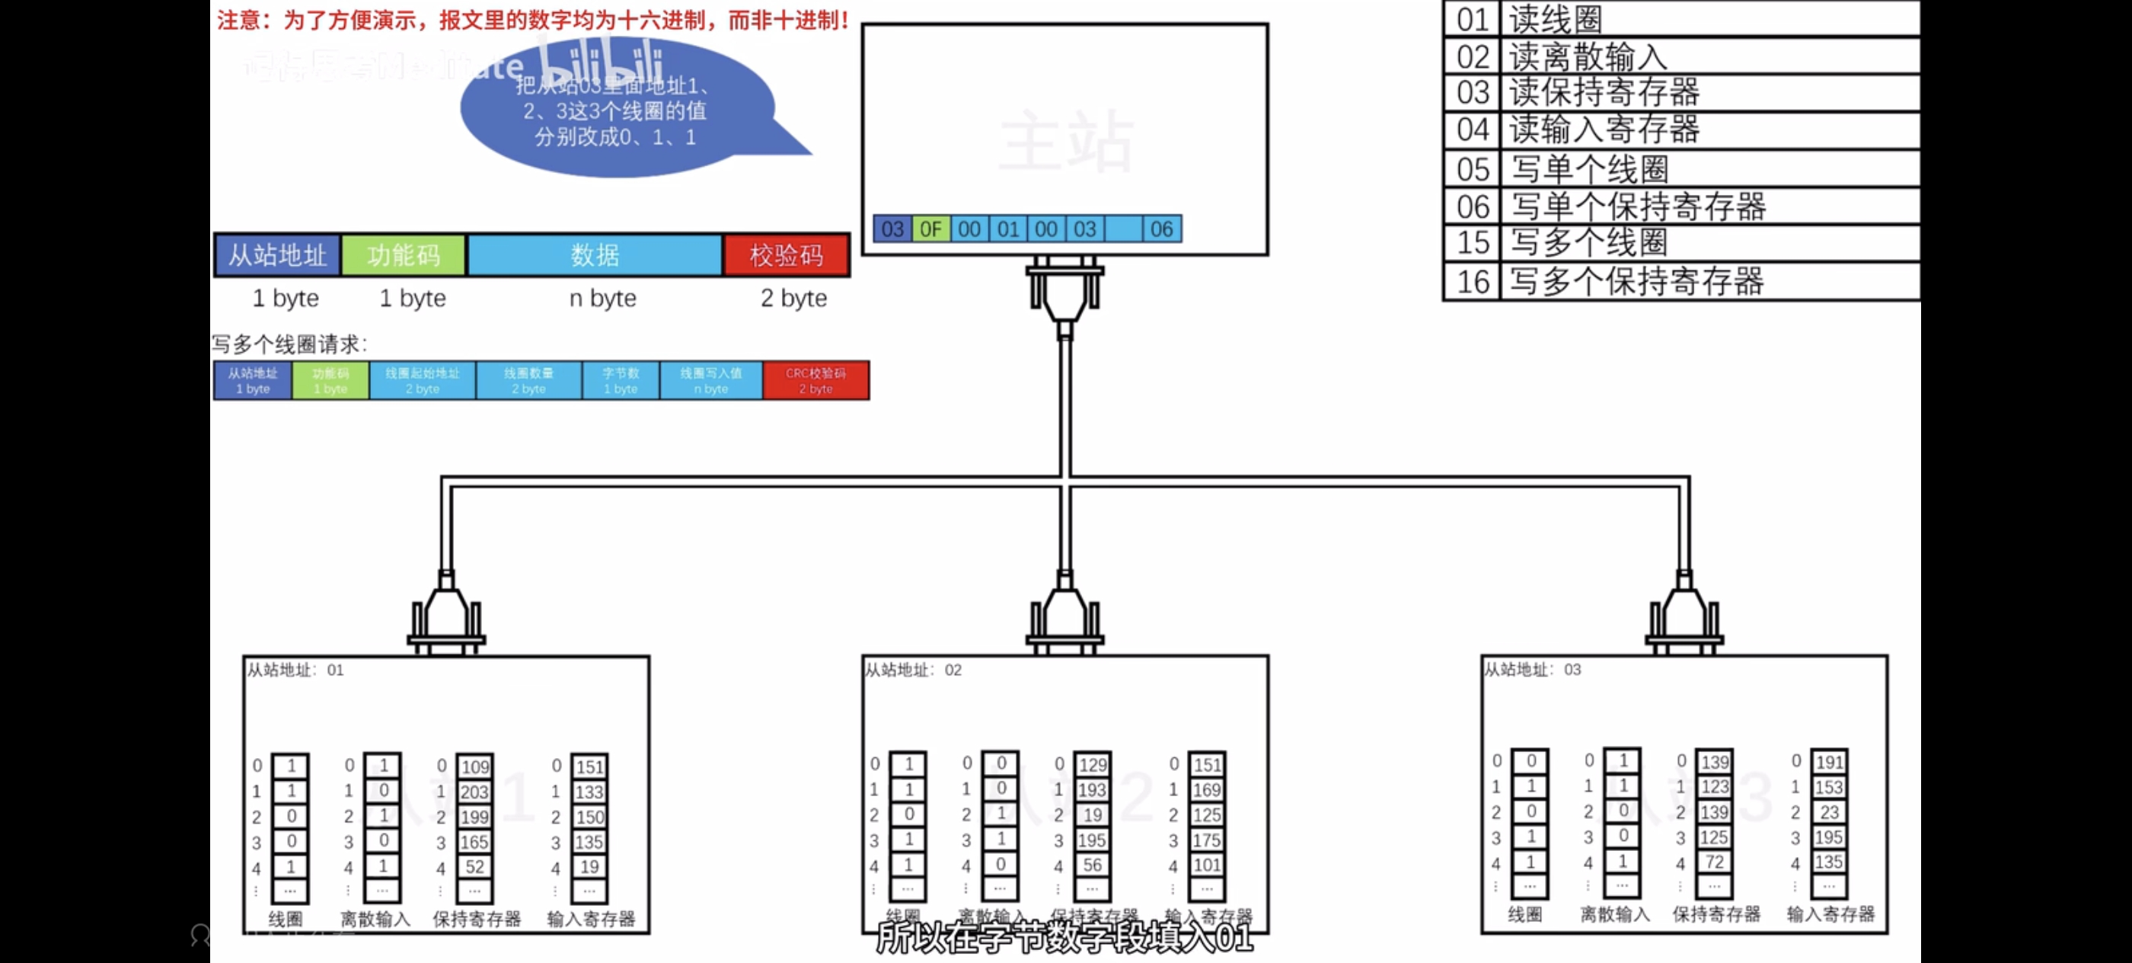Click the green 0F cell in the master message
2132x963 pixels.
click(x=930, y=229)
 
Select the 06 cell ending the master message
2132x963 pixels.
click(x=1161, y=229)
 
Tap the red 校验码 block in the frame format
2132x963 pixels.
click(x=786, y=255)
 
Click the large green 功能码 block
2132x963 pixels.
click(x=403, y=255)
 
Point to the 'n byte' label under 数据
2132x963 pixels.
click(x=602, y=298)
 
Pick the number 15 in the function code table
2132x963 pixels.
click(x=1473, y=242)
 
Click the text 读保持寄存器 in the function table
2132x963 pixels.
click(x=1604, y=93)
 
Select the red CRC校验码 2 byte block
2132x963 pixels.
click(x=815, y=381)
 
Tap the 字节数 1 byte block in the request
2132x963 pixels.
click(x=621, y=381)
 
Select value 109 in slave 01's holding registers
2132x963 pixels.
click(x=475, y=766)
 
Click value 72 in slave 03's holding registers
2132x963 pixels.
click(x=1714, y=862)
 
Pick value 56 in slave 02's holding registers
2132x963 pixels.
click(x=1093, y=865)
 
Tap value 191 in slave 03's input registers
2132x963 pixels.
click(x=1828, y=762)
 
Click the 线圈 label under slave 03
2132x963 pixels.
click(x=1524, y=914)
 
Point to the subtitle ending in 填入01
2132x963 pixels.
click(x=1064, y=939)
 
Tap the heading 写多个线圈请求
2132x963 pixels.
click(x=289, y=344)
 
